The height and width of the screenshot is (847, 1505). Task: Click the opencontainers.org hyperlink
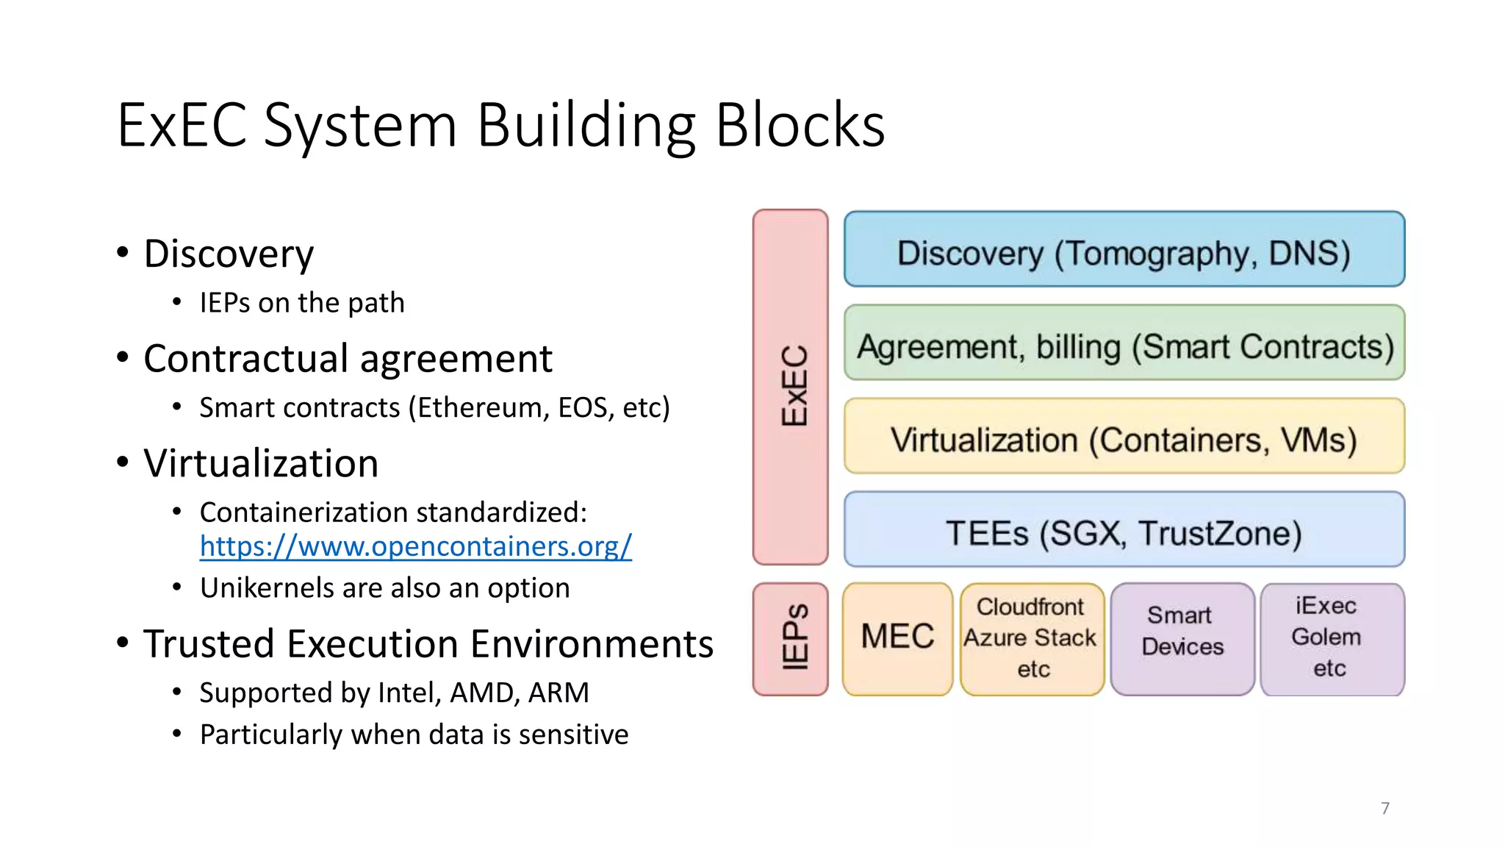415,546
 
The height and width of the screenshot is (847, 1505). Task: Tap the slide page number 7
1385,808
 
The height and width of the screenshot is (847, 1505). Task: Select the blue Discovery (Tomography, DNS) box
1124,249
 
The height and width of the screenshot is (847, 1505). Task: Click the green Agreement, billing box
1124,343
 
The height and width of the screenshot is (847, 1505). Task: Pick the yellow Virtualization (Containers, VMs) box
1124,437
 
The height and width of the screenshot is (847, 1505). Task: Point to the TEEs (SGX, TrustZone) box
1124,529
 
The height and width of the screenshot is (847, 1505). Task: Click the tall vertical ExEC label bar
791,387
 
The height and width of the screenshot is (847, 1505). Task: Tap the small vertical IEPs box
791,639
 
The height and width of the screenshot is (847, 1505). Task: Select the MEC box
897,638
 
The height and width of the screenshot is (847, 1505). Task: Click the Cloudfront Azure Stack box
1032,638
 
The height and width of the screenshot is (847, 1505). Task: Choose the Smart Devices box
1182,638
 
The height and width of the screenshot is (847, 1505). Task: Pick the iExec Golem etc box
1332,638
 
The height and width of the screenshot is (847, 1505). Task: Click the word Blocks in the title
800,125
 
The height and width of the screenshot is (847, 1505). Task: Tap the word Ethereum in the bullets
482,407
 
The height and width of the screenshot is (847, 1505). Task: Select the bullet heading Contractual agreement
348,359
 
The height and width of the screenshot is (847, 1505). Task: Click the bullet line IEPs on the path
302,303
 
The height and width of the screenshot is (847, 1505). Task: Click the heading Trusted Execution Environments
428,644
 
